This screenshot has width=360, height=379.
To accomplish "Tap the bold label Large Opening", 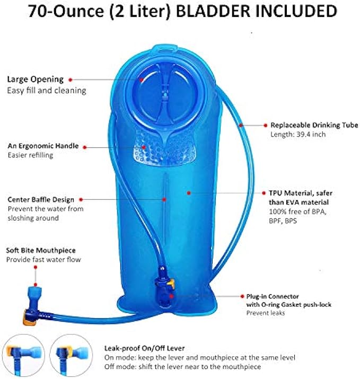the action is [35, 79].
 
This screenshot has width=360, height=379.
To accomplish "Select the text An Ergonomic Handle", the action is [43, 145].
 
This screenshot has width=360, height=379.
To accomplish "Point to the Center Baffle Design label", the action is [40, 200].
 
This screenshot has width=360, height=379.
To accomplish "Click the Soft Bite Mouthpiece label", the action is [40, 250].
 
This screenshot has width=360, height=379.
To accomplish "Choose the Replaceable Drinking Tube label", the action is [314, 125].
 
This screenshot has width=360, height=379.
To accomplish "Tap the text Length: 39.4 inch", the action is [297, 135].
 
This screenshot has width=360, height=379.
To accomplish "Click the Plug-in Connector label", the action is [273, 296].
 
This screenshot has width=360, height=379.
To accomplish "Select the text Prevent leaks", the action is [265, 313].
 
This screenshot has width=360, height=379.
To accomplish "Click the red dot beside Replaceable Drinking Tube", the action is [266, 125].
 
